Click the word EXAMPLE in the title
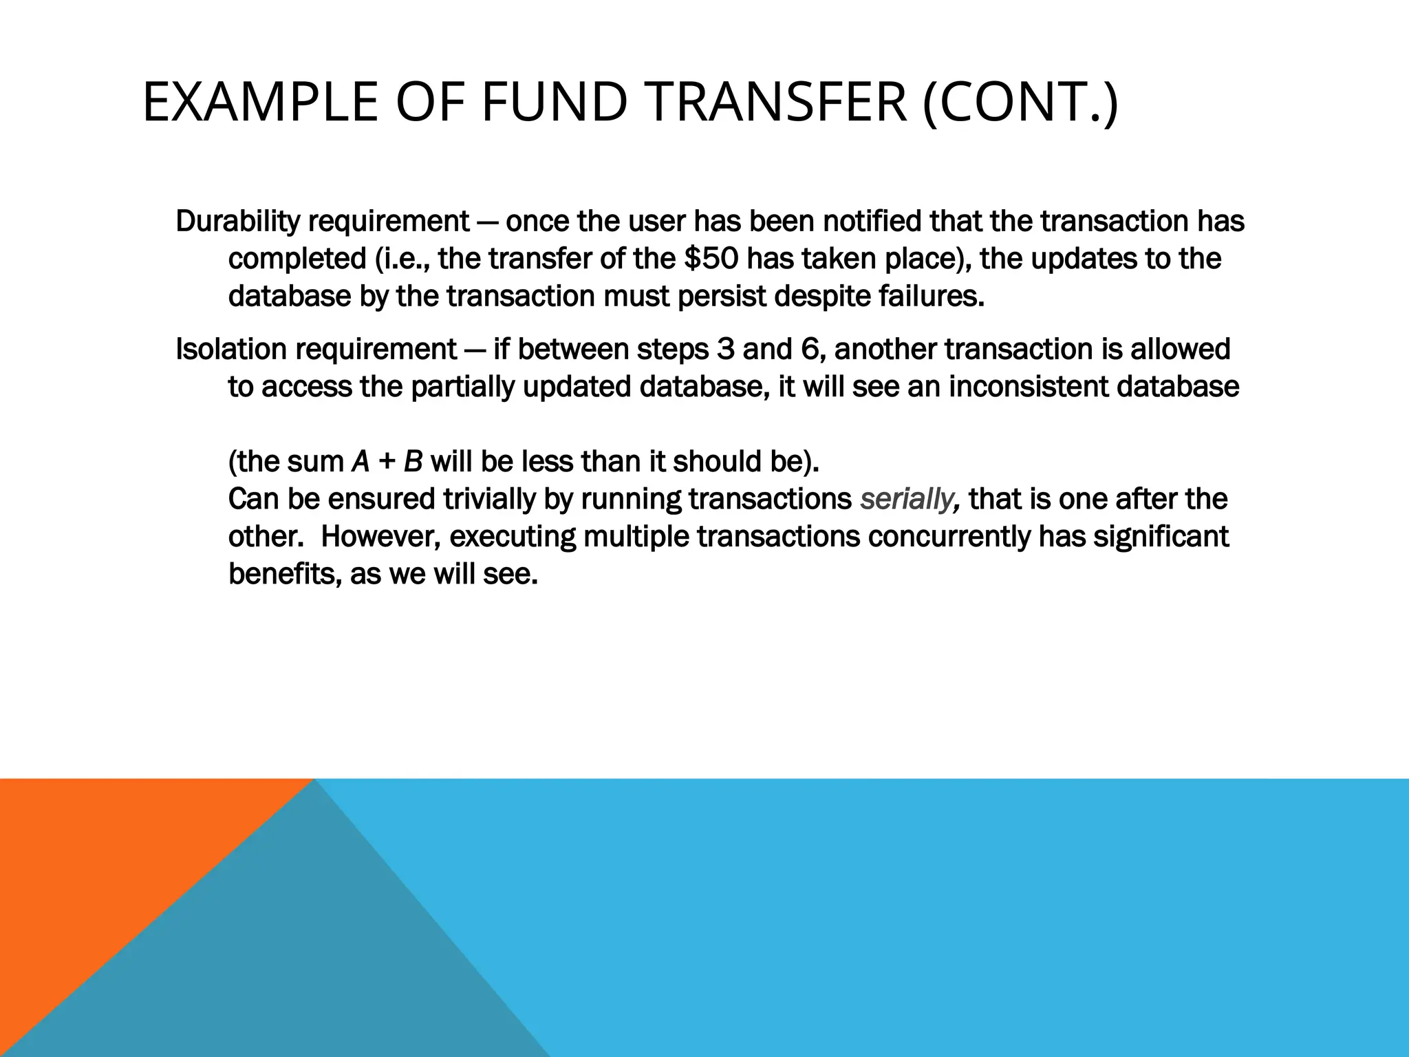[x=260, y=103]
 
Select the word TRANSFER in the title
[x=777, y=103]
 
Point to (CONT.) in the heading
[x=1020, y=103]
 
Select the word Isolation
[x=231, y=350]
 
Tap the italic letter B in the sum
[x=412, y=462]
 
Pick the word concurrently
[x=949, y=536]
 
